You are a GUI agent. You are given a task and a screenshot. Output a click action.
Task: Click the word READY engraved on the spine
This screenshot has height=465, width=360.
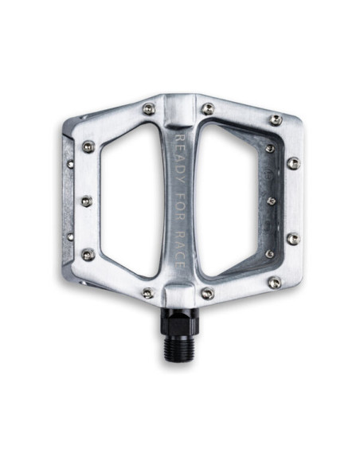[x=180, y=156]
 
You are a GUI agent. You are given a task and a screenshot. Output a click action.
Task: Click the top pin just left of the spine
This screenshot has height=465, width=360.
[x=149, y=109]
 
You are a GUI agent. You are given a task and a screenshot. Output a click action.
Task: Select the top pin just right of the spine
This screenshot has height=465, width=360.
[x=207, y=108]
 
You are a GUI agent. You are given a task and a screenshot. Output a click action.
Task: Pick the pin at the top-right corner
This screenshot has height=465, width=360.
[x=276, y=119]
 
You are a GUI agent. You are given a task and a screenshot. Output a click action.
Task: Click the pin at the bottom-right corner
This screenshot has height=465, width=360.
[x=274, y=283]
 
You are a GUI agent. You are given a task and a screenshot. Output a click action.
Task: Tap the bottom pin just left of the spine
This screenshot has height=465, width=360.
[x=147, y=293]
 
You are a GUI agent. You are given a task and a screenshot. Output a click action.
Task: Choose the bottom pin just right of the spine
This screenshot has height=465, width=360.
[x=207, y=294]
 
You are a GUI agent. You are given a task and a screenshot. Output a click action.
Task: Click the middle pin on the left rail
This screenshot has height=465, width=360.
[x=86, y=201]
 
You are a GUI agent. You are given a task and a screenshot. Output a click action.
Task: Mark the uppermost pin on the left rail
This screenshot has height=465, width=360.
[x=88, y=147]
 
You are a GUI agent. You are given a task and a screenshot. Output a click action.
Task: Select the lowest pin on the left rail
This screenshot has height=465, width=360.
[x=88, y=255]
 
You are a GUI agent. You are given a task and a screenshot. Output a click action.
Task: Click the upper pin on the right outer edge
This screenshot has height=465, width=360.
[x=293, y=162]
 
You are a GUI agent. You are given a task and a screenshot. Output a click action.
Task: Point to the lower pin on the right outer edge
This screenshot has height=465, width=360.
[x=293, y=238]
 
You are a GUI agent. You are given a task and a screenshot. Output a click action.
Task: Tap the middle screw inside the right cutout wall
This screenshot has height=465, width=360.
[x=272, y=201]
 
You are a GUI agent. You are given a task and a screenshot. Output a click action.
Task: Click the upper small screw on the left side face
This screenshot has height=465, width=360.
[x=70, y=163]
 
